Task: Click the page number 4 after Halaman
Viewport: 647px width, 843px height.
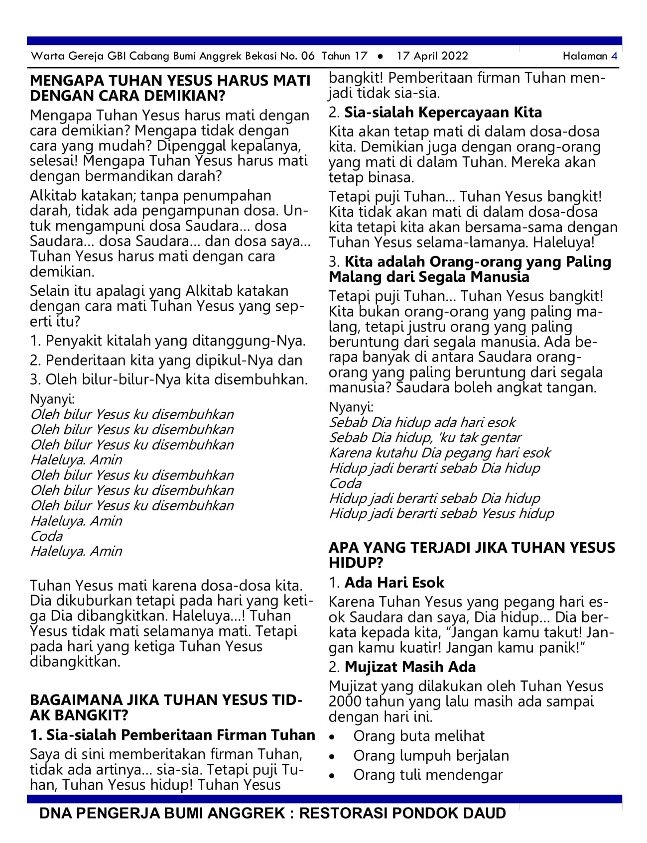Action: tap(614, 56)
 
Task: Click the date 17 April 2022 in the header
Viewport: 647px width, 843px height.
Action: tap(432, 56)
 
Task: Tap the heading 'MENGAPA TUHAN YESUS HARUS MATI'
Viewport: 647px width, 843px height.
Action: tap(170, 81)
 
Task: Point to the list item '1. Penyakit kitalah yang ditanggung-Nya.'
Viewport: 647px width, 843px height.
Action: tap(168, 341)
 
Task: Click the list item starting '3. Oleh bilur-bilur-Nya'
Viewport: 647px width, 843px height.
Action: tap(169, 379)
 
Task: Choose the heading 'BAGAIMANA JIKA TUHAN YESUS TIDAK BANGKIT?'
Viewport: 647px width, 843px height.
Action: tap(166, 708)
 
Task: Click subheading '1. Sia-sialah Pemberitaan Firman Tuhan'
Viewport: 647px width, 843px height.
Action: tap(172, 735)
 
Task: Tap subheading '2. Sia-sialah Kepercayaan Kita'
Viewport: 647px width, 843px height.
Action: tap(435, 113)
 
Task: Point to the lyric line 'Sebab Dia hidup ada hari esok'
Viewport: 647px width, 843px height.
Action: tap(422, 422)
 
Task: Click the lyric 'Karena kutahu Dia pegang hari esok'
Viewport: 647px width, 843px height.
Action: tap(440, 453)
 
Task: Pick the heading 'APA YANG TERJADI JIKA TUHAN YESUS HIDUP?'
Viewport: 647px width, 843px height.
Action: tap(471, 555)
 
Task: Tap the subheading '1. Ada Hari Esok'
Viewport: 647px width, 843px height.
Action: tap(386, 583)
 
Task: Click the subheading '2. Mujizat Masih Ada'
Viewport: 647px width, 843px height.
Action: tap(402, 667)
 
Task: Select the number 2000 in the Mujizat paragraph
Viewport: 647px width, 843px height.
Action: tap(345, 702)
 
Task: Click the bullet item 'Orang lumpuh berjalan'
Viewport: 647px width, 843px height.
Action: tap(431, 755)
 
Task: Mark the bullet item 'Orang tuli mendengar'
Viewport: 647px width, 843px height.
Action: tap(428, 775)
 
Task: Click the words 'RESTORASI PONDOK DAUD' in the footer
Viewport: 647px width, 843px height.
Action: tap(402, 813)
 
